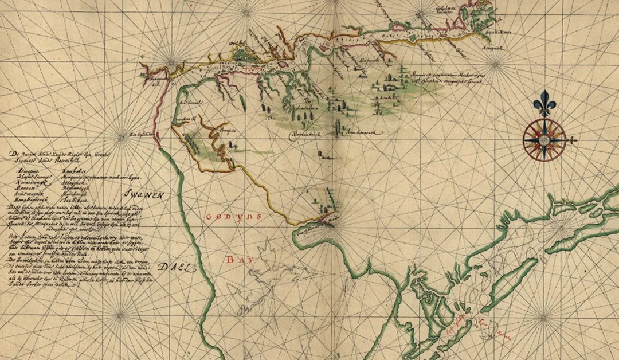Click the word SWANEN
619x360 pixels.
(x=146, y=195)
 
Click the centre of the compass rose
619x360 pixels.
(x=544, y=139)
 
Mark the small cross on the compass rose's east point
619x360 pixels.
(x=574, y=140)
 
